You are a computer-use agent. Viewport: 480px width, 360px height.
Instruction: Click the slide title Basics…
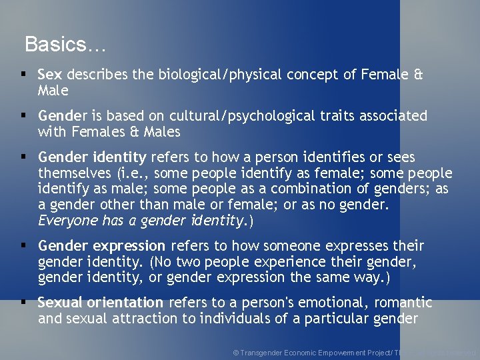(65, 45)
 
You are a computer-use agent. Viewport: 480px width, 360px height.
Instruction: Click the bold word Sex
(50, 75)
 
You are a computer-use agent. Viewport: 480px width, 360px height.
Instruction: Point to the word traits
(336, 116)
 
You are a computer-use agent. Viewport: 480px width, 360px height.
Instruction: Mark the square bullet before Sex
(23, 74)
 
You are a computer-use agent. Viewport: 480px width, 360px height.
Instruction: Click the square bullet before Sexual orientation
(23, 302)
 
